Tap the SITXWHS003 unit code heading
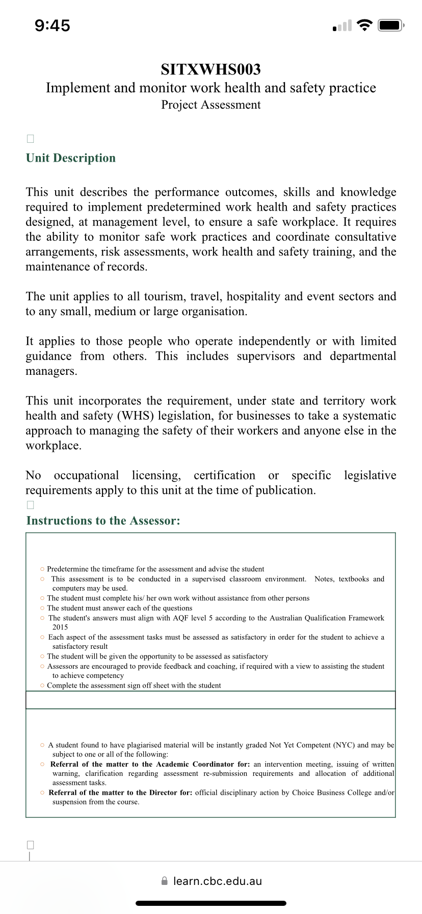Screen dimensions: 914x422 [210, 69]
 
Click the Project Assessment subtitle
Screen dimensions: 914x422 [210, 105]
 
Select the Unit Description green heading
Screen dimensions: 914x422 [71, 158]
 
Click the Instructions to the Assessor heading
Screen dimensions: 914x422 [103, 521]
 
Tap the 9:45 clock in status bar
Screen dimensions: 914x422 [52, 26]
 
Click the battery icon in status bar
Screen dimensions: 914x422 [390, 26]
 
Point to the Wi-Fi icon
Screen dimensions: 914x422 [364, 26]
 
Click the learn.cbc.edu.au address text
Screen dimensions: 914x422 [217, 881]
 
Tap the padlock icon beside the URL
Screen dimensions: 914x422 [164, 881]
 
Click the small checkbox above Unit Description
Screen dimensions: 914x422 [30, 139]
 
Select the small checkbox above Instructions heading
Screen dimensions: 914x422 [30, 505]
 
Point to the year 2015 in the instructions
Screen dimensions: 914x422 [60, 627]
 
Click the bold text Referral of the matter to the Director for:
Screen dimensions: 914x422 [121, 793]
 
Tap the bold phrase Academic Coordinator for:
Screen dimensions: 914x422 [203, 764]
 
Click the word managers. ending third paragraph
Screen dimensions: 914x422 [51, 371]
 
